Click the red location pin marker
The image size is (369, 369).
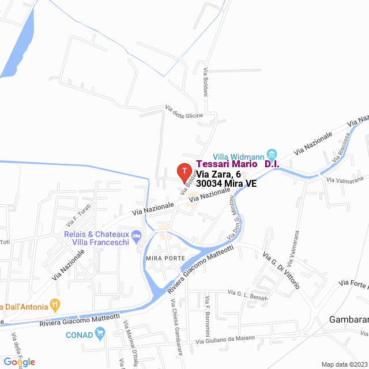tap(183, 171)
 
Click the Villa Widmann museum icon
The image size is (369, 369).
tap(272, 155)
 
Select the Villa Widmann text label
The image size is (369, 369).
tap(239, 156)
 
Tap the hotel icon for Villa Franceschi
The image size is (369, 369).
tap(137, 235)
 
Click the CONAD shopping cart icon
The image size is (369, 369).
tap(100, 333)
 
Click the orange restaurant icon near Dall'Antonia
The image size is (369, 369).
tap(55, 304)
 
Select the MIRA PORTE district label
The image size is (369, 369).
tap(165, 258)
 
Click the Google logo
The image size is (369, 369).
tap(19, 362)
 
